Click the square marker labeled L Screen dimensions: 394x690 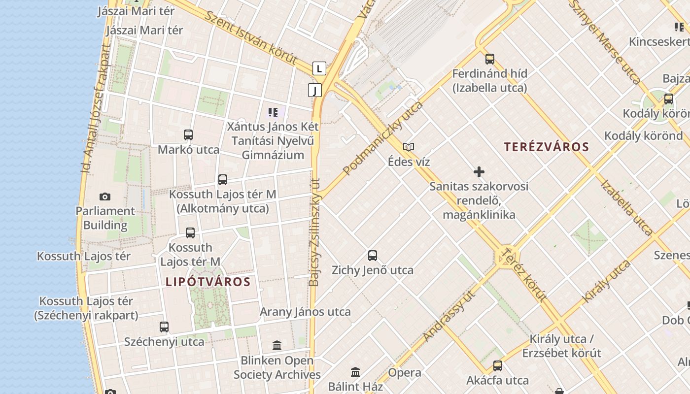[319, 68]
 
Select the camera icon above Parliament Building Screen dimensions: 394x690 [105, 197]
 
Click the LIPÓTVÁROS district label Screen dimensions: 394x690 [208, 282]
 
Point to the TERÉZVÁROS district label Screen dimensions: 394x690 [547, 147]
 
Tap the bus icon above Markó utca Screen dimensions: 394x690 [188, 135]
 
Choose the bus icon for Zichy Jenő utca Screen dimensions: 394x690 [373, 256]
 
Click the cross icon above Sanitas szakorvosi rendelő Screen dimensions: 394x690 [479, 172]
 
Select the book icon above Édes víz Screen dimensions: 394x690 [409, 147]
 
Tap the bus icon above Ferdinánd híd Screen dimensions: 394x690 [489, 59]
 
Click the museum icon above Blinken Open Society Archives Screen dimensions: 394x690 [277, 346]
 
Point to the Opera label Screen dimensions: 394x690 [405, 373]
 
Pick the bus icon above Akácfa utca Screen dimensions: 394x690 [498, 366]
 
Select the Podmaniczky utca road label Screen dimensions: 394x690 [383, 138]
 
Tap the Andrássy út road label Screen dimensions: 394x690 [451, 315]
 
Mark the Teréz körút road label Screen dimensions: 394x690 [523, 275]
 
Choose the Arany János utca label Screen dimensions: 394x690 [305, 312]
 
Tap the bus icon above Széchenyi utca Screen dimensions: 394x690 [164, 327]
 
